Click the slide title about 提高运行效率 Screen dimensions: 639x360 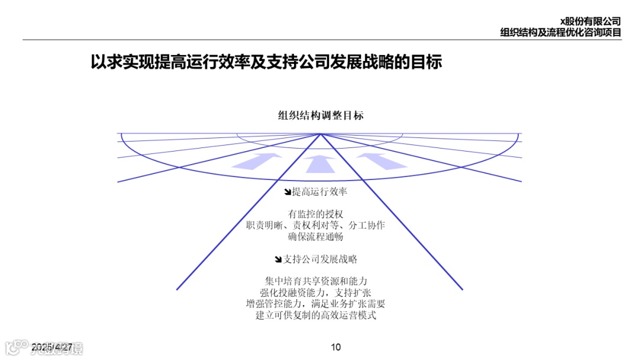point(266,63)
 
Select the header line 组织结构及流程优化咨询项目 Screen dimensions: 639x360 point(560,33)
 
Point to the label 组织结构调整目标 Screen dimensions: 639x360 point(321,115)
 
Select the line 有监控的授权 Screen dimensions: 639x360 point(316,214)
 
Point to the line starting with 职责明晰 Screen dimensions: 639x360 point(316,225)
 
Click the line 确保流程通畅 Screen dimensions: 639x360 point(316,237)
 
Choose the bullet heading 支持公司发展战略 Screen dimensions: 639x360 point(320,259)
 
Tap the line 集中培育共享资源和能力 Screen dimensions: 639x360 point(316,281)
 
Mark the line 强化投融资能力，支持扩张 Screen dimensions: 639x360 point(316,292)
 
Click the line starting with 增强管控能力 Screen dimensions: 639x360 point(316,304)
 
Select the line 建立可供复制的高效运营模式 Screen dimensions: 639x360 point(316,315)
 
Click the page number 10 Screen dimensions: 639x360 point(335,347)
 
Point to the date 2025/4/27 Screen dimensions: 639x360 point(52,346)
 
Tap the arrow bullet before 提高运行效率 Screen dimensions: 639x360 point(288,192)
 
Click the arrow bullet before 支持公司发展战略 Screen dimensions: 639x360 point(279,259)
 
